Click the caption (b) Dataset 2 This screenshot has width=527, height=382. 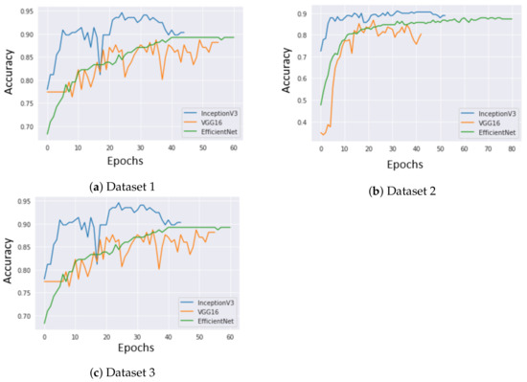pyautogui.click(x=401, y=191)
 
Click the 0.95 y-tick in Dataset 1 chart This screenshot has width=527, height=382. pyautogui.click(x=30, y=12)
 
